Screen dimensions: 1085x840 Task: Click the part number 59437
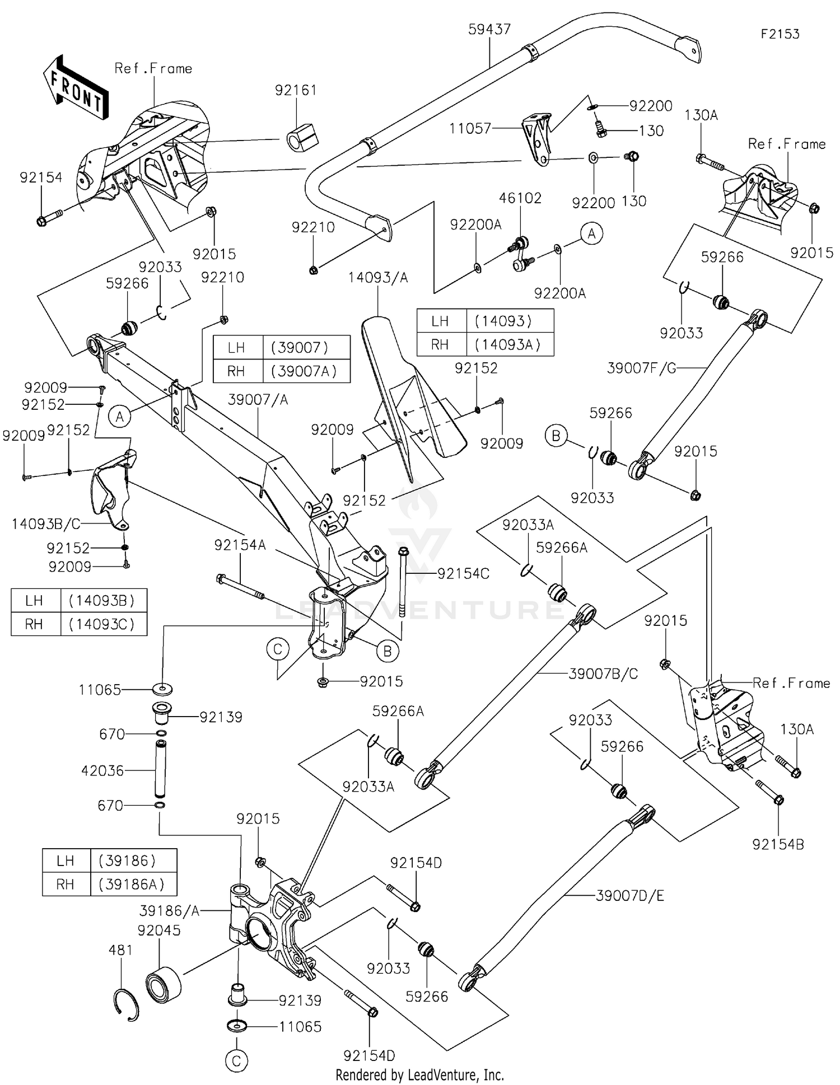point(489,29)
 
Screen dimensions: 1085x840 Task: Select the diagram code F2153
point(780,34)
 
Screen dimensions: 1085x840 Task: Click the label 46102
point(520,198)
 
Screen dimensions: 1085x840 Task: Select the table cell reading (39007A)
point(306,371)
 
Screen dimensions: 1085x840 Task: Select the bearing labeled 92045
point(163,984)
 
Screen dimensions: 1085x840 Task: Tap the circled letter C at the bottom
point(236,1061)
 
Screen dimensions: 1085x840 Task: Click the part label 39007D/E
point(629,896)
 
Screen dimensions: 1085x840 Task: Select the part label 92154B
point(778,844)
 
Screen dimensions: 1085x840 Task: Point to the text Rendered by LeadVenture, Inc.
point(419,1075)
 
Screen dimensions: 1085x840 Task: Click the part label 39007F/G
point(641,368)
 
